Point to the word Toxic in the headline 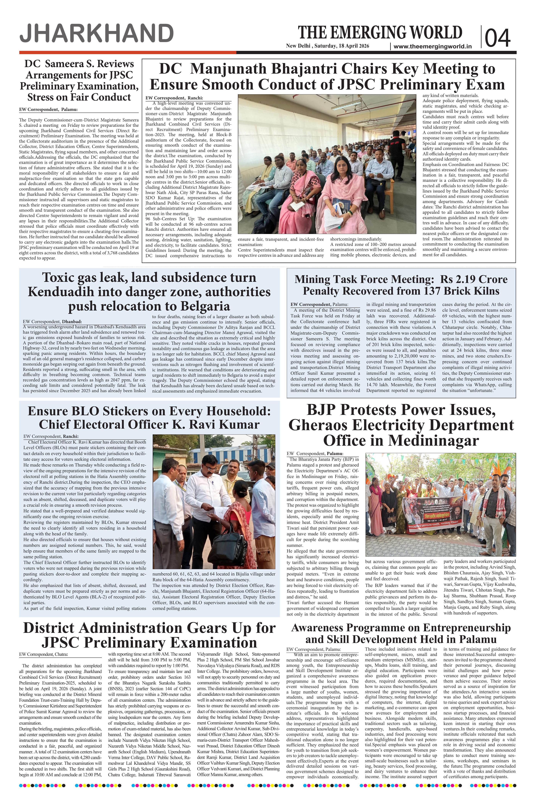(x=63, y=277)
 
